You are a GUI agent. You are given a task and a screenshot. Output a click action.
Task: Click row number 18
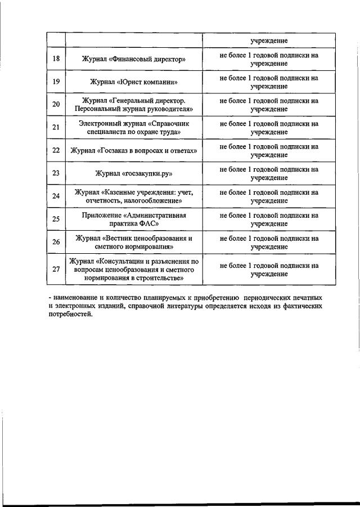(56, 59)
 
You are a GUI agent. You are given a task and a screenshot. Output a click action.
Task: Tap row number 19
(56, 82)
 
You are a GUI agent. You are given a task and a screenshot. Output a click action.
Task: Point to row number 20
(56, 105)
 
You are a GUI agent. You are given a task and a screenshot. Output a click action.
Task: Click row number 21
(56, 128)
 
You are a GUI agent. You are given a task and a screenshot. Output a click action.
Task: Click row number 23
(56, 173)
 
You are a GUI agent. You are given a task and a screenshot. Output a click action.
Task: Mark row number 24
(56, 196)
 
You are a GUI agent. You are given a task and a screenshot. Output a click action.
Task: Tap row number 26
(56, 243)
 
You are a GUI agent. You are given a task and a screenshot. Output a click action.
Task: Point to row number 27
(56, 270)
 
